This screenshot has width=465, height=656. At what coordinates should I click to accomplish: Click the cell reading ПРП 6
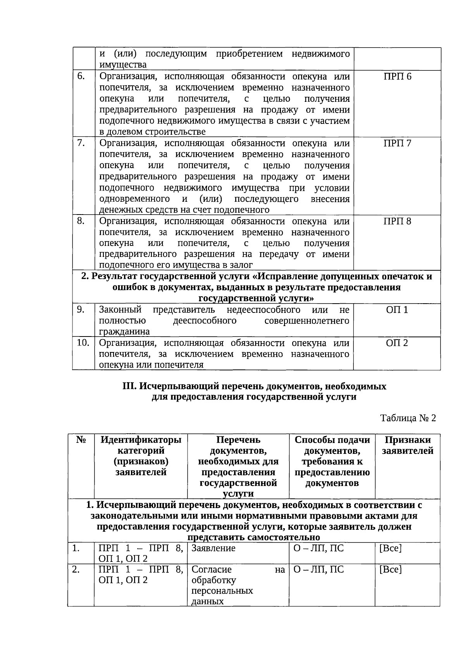(397, 76)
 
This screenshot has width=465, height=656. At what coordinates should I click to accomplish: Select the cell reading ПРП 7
(397, 143)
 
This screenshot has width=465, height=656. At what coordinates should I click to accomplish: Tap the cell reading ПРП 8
(397, 221)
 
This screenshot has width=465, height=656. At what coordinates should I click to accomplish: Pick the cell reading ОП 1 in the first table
(397, 310)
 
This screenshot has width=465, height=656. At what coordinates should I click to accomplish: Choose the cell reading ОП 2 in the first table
(397, 343)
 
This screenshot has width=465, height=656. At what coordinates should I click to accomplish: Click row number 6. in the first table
(81, 76)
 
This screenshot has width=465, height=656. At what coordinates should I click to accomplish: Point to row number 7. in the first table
(81, 143)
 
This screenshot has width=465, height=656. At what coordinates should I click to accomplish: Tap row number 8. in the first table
(81, 221)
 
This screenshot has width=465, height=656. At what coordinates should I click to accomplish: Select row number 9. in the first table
(81, 310)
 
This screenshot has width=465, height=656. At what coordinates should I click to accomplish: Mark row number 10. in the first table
(83, 343)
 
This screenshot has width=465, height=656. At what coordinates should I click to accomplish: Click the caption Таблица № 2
(408, 418)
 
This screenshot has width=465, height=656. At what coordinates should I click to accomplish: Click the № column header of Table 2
(81, 440)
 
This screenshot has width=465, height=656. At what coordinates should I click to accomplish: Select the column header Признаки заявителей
(407, 445)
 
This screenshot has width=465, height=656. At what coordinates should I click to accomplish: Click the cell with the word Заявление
(214, 548)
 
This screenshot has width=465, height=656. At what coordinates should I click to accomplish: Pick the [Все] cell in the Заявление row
(390, 548)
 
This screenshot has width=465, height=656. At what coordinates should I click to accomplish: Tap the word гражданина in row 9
(124, 332)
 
